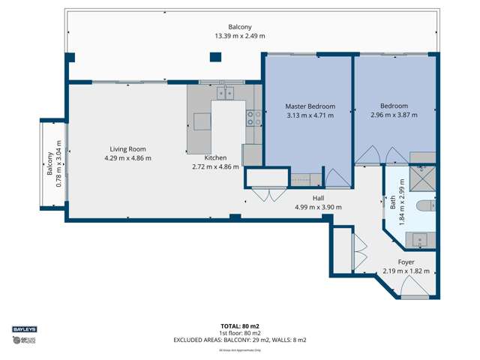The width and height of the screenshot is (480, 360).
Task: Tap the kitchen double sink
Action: point(226,93)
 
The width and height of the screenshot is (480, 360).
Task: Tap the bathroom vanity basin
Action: point(420,240)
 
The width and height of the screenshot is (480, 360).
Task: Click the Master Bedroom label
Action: point(310,106)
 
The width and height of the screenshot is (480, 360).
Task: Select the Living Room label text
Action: point(127,148)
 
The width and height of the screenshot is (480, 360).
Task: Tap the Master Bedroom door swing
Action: point(336,178)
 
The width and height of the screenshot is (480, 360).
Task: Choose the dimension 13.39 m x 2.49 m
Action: point(240,36)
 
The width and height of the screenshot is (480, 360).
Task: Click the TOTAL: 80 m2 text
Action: point(240,325)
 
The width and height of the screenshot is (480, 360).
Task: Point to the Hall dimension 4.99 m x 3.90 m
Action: point(318,207)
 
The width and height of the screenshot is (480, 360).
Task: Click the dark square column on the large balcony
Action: point(216,56)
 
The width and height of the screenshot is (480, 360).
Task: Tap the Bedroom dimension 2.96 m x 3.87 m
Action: point(394,115)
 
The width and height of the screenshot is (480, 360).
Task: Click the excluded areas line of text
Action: point(240,340)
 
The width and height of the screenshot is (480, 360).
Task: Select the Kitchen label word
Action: point(215,157)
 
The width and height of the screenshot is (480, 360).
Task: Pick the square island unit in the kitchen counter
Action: point(202,121)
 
